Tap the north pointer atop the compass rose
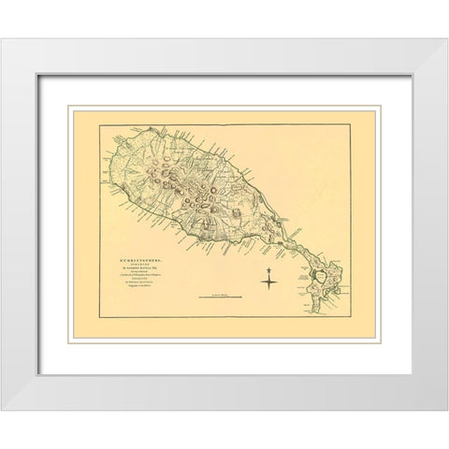click(x=269, y=268)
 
